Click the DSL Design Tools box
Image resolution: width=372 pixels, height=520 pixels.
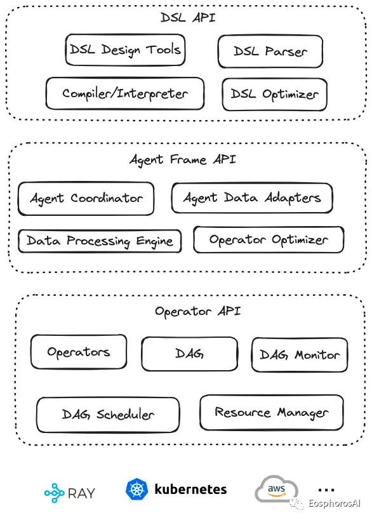[x=125, y=50]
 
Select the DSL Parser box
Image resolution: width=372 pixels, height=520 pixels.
[x=270, y=51]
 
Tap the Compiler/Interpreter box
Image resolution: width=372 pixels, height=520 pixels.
[x=125, y=93]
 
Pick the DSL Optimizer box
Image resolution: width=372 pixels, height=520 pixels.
[x=274, y=94]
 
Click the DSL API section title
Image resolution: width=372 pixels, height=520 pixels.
[x=188, y=17]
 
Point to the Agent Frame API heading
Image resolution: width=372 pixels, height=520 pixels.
[x=183, y=159]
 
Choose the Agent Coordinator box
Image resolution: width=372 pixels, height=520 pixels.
[x=86, y=198]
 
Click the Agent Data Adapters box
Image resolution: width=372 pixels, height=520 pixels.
[x=251, y=198]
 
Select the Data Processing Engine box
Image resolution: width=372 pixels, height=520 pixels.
[x=100, y=241]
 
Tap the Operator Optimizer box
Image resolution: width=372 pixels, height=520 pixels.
[x=268, y=240]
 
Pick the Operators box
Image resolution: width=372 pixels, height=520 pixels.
[x=79, y=352]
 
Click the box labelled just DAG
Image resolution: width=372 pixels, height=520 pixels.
[x=189, y=354]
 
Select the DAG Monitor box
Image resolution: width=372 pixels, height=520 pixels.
[x=300, y=355]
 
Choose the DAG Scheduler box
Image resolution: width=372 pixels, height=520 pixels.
[x=108, y=415]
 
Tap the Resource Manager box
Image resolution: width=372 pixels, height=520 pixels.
[x=271, y=413]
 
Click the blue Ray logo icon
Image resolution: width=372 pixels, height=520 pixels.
[x=55, y=492]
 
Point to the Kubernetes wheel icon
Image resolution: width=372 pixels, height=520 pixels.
[x=137, y=490]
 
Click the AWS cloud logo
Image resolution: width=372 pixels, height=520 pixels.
[x=277, y=490]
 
